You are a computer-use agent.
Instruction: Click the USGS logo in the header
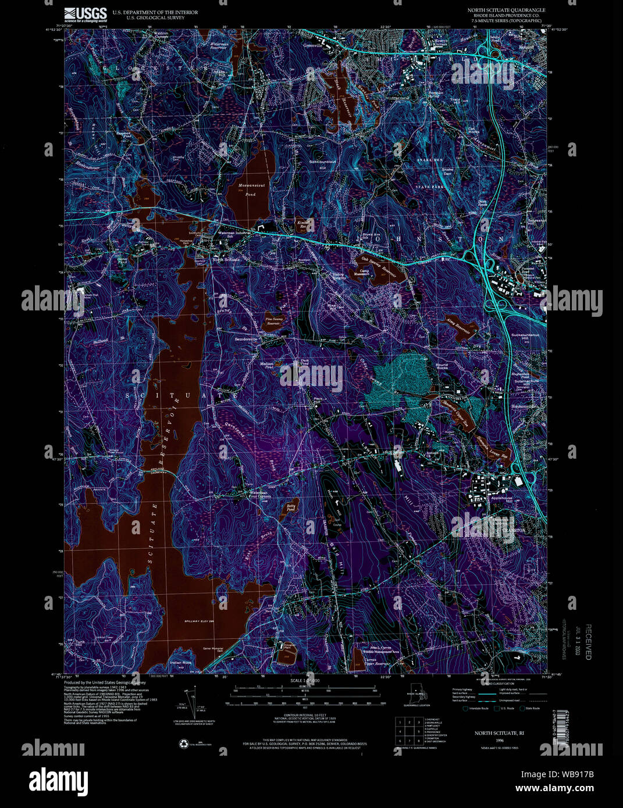click(x=86, y=14)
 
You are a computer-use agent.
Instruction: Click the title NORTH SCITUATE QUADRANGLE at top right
click(x=506, y=10)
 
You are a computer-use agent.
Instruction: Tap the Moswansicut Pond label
click(x=251, y=190)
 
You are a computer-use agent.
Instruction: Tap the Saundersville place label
click(x=245, y=339)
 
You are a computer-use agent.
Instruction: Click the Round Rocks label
click(x=442, y=367)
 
